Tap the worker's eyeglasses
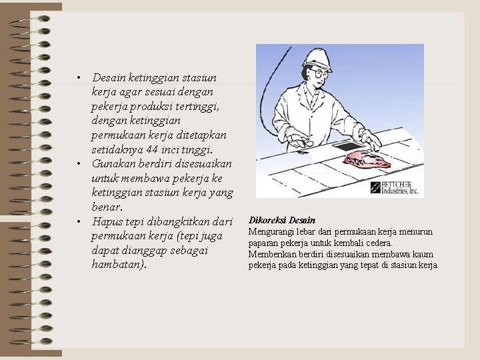click(317, 73)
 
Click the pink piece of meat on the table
click(366, 159)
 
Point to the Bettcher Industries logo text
click(399, 188)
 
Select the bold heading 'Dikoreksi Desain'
click(282, 220)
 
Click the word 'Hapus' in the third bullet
click(107, 221)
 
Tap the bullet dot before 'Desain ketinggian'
click(79, 78)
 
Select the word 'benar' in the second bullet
click(107, 207)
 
